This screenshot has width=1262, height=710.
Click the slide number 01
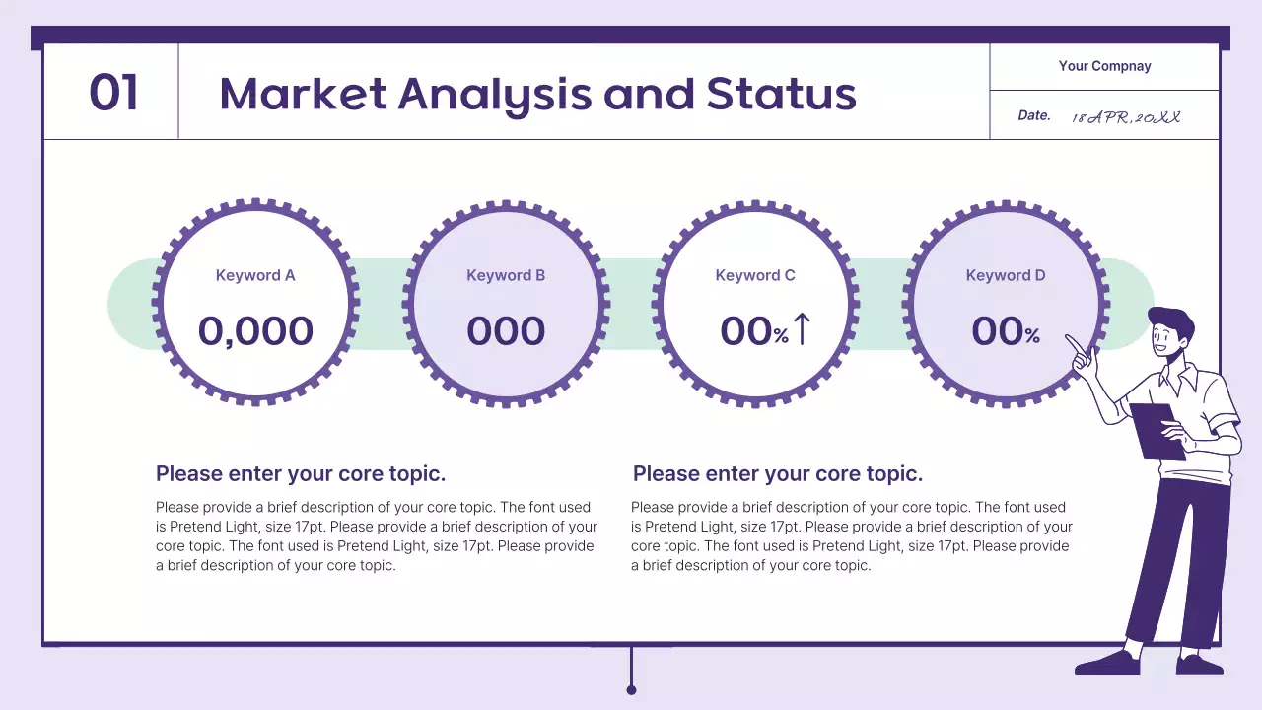113,93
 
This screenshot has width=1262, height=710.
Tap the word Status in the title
781,94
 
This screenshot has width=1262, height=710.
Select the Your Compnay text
1104,66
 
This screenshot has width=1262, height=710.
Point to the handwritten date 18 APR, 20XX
1126,116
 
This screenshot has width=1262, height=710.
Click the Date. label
1034,115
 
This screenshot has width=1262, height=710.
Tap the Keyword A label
255,275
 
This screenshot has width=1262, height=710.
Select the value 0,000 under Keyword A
255,331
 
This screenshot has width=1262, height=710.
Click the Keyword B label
506,275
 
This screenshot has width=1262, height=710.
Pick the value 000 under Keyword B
506,331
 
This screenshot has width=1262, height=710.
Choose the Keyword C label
755,275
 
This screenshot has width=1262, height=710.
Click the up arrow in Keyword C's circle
802,329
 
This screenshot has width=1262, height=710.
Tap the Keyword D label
1006,275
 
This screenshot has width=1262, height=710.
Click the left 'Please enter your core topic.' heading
301,473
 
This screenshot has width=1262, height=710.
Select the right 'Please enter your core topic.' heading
778,473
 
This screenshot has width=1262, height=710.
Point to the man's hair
1171,319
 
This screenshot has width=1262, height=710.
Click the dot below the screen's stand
631,690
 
